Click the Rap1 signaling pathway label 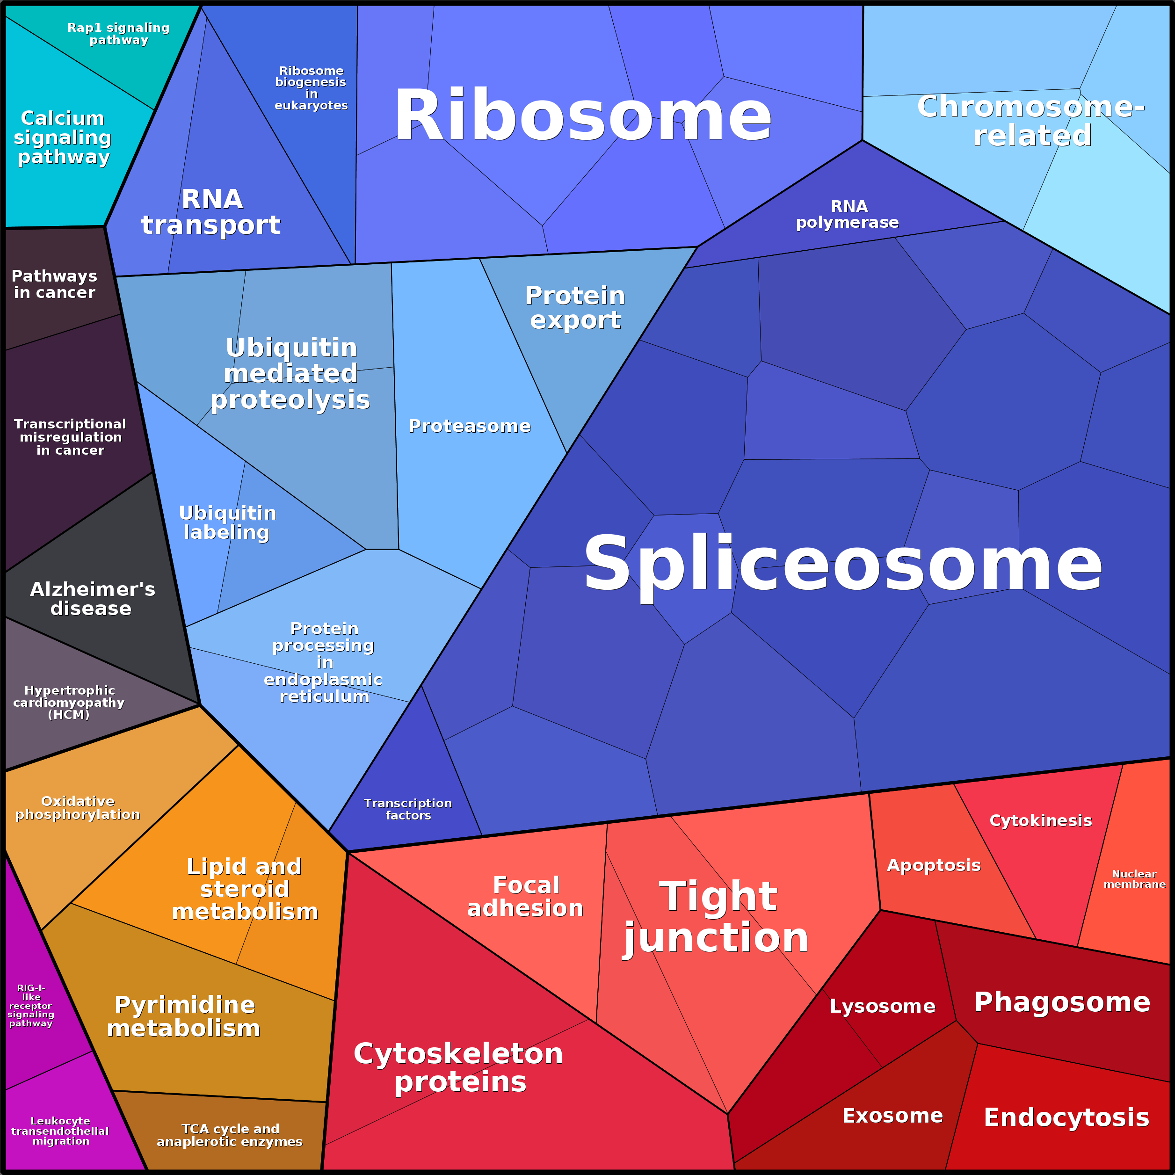click(x=119, y=34)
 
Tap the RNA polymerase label click(x=847, y=215)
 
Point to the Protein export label click(x=575, y=308)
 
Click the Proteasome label click(x=470, y=426)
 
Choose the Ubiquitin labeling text click(x=227, y=522)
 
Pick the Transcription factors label click(x=408, y=810)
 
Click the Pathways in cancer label click(x=55, y=284)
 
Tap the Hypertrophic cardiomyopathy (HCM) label click(x=69, y=703)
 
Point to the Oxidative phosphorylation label click(x=78, y=808)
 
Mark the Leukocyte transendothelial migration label click(x=60, y=1131)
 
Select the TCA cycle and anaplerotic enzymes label click(x=230, y=1135)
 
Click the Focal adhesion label click(x=525, y=897)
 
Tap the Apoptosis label click(x=934, y=865)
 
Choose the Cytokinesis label click(x=1041, y=820)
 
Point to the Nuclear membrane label click(x=1135, y=879)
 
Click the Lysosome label click(x=883, y=1007)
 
